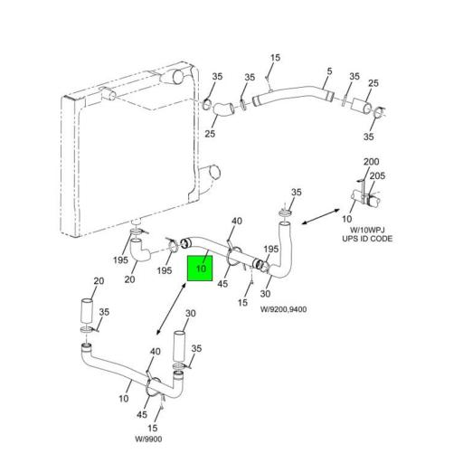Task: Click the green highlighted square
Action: (200, 269)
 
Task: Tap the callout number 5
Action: (329, 71)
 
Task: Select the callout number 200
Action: (371, 162)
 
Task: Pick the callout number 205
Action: (377, 175)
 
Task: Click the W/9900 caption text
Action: (148, 439)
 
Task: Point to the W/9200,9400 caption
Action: (283, 309)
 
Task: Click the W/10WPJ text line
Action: (367, 231)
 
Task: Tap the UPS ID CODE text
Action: (367, 239)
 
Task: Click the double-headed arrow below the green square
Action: (171, 308)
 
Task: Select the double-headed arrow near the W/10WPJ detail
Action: (321, 216)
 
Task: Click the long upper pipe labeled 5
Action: (293, 94)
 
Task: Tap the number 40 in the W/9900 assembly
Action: (156, 352)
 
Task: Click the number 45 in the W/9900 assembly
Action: (142, 415)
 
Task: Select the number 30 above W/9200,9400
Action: (265, 294)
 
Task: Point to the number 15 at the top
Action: (275, 58)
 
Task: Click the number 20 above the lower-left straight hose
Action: (99, 281)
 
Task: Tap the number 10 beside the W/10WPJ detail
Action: (346, 219)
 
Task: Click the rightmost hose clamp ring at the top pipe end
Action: (379, 113)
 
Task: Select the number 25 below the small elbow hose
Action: (210, 134)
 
